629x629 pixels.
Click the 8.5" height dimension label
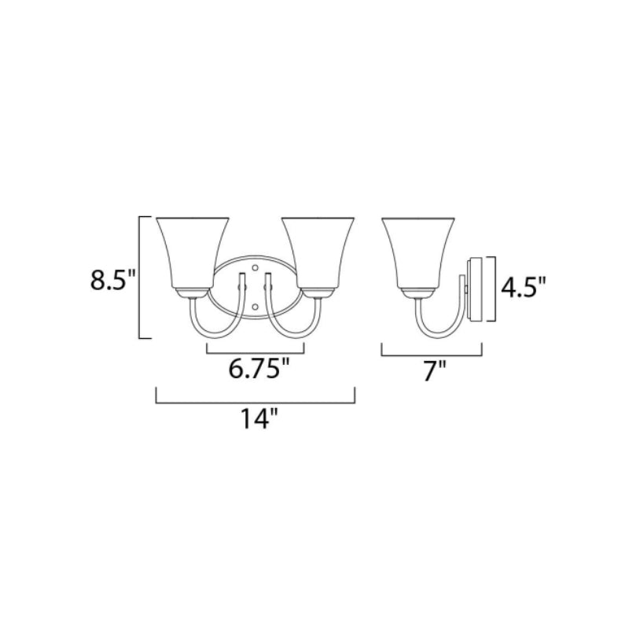[113, 280]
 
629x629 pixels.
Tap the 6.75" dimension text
[259, 368]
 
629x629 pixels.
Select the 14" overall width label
[259, 418]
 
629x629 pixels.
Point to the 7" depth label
[435, 371]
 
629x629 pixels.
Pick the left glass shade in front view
[193, 253]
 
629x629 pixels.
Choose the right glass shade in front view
[318, 253]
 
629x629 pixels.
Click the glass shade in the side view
[418, 253]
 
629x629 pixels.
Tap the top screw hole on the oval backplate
[255, 267]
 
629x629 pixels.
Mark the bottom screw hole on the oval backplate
[255, 307]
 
